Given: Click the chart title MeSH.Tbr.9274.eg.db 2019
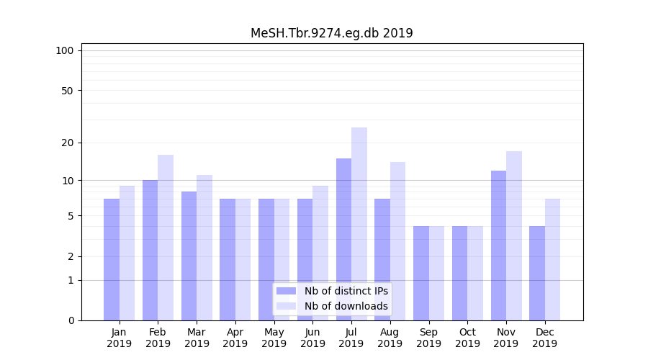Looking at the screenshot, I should tap(331, 33).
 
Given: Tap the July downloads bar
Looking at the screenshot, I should tap(359, 223).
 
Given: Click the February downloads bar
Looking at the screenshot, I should tap(166, 238).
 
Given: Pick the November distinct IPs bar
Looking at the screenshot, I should tap(498, 245).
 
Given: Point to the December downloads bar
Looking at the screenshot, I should tap(552, 259).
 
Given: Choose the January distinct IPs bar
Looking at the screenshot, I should tap(112, 259).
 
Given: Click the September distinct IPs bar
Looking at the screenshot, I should tap(421, 274).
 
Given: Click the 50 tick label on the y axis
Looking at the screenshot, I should tap(68, 91).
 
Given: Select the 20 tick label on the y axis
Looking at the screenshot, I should tap(68, 143).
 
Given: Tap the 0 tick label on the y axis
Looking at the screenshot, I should tap(71, 320).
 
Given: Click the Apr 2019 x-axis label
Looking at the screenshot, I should tap(235, 338).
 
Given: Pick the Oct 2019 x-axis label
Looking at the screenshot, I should tap(467, 338).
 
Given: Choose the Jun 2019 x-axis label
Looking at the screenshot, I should tap(312, 338).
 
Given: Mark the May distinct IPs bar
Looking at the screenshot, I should tap(266, 259).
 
